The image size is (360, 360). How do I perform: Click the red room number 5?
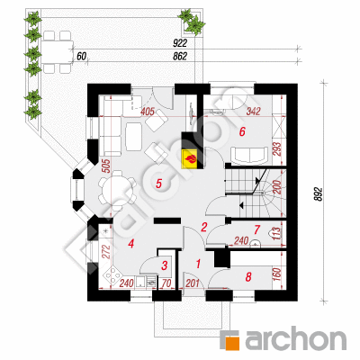pyautogui.click(x=159, y=184)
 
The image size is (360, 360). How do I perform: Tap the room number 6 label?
pyautogui.click(x=242, y=131)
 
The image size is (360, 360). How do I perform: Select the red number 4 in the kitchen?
pyautogui.click(x=130, y=244)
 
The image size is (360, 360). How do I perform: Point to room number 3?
pyautogui.click(x=165, y=265)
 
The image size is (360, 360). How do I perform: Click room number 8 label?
pyautogui.click(x=248, y=277)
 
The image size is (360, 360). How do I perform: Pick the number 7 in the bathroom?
pyautogui.click(x=256, y=229)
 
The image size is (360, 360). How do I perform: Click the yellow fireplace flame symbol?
pyautogui.click(x=190, y=158)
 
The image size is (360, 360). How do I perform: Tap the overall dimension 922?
pyautogui.click(x=180, y=43)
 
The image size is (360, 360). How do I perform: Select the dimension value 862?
pyautogui.click(x=180, y=57)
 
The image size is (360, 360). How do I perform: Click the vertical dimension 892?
pyautogui.click(x=319, y=194)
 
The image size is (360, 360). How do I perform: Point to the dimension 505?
pyautogui.click(x=108, y=166)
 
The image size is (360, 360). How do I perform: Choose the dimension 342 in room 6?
pyautogui.click(x=253, y=112)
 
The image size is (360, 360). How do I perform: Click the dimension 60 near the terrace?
pyautogui.click(x=81, y=57)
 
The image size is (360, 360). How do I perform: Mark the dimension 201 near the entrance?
pyautogui.click(x=193, y=283)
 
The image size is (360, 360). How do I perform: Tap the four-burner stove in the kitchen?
pyautogui.click(x=113, y=275)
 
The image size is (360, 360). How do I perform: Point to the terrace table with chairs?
pyautogui.click(x=57, y=52)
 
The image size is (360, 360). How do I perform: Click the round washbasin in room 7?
pyautogui.click(x=255, y=244)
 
